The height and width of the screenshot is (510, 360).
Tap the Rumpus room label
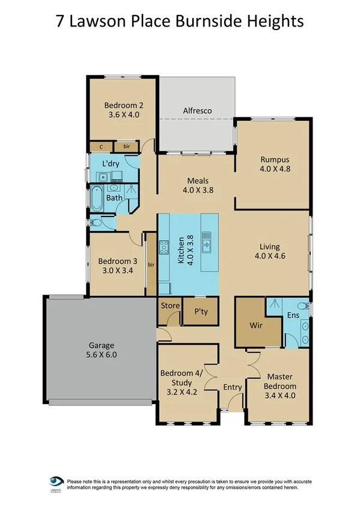click(x=275, y=159)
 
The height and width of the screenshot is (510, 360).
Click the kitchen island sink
click(x=207, y=242)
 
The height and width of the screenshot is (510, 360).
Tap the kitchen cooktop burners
click(x=163, y=247)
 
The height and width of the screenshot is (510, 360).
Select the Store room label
click(x=170, y=306)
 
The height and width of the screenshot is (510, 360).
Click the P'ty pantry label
click(x=200, y=313)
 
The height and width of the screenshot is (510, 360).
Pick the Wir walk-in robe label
click(x=257, y=325)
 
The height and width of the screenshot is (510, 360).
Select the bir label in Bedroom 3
click(x=151, y=264)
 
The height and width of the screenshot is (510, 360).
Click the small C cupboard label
click(x=101, y=146)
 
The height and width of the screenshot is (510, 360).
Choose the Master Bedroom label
click(x=281, y=380)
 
